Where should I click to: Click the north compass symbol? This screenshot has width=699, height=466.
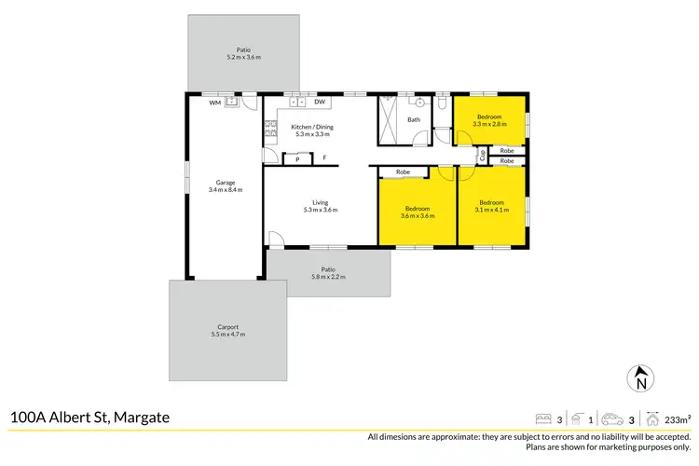tap(640, 378)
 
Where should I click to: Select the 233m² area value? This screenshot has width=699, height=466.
tap(678, 418)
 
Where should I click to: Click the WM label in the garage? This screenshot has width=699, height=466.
tap(214, 103)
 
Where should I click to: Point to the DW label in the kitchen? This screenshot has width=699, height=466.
tap(319, 102)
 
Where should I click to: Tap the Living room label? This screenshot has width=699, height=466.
tap(320, 201)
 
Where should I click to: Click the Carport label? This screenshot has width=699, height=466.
tap(228, 326)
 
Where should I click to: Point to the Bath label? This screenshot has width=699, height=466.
tap(414, 119)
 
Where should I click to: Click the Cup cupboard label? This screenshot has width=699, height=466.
tap(482, 156)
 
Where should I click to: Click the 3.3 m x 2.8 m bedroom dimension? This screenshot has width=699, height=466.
tap(489, 124)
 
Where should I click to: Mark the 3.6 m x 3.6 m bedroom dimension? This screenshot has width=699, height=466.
tap(417, 216)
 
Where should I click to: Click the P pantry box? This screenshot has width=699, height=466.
tap(297, 159)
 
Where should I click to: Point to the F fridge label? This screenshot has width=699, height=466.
tap(325, 158)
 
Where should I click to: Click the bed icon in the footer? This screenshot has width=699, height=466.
tap(543, 418)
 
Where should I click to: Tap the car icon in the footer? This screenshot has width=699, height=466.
tap(611, 418)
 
